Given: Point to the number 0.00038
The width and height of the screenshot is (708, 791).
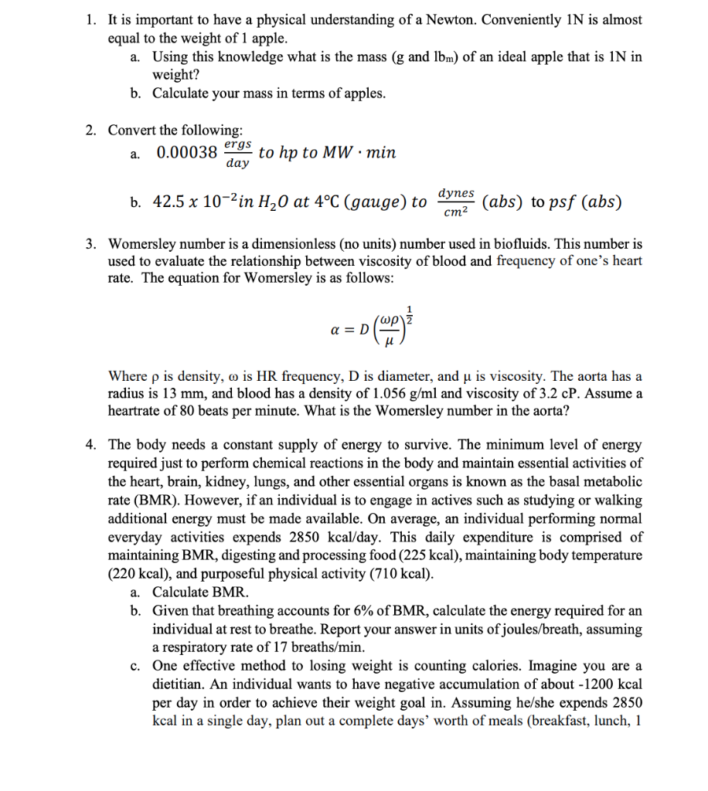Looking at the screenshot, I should tap(187, 152).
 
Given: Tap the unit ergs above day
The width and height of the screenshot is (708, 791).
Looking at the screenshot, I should tap(237, 144).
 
